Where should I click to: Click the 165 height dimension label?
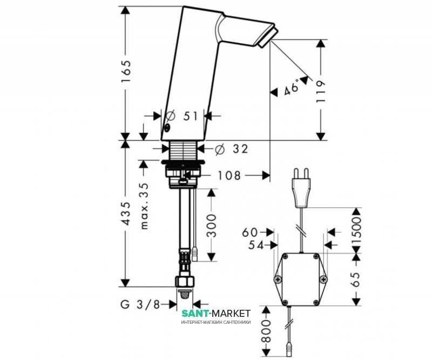click(x=126, y=71)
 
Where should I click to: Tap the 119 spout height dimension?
click(x=321, y=91)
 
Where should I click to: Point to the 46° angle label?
click(x=291, y=87)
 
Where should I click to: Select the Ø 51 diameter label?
click(x=182, y=116)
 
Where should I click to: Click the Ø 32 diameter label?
click(x=232, y=149)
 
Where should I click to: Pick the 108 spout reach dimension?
click(x=229, y=175)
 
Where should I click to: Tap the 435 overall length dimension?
click(x=126, y=214)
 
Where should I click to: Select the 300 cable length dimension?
click(x=211, y=225)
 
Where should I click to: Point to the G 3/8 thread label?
click(x=140, y=304)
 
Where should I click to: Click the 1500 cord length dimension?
click(x=356, y=230)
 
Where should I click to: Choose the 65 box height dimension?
click(x=356, y=279)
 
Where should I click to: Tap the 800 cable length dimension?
click(x=266, y=331)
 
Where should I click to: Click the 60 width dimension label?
click(x=249, y=233)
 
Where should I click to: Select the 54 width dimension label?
click(x=256, y=245)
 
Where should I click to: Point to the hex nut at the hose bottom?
click(x=185, y=281)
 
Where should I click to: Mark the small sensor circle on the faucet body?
click(x=167, y=127)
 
